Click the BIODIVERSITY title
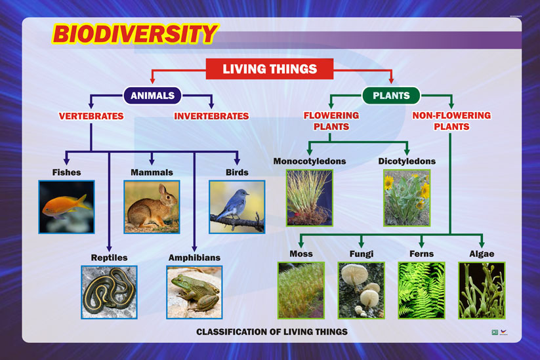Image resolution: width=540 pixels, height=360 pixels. [134, 34]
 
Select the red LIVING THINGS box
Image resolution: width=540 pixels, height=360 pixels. [270, 69]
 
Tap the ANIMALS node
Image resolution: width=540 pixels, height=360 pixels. [152, 96]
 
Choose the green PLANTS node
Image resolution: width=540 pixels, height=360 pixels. [391, 96]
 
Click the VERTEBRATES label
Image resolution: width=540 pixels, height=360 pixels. [91, 116]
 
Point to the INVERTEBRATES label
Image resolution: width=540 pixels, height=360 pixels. [211, 116]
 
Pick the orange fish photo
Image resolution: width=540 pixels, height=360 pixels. [66, 207]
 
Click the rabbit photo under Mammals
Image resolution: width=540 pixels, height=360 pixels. [152, 207]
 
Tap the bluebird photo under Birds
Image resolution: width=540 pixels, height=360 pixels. [237, 207]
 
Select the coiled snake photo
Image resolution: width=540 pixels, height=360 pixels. [109, 292]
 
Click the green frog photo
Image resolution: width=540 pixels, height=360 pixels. [194, 292]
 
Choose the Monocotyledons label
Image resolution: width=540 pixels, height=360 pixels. [310, 161]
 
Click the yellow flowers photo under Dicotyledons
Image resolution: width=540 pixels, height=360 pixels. [407, 197]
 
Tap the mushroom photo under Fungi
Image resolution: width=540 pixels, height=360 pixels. [361, 290]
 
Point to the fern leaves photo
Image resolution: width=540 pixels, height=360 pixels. [421, 290]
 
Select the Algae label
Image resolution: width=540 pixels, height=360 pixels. [482, 254]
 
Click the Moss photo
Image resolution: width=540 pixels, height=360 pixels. [301, 290]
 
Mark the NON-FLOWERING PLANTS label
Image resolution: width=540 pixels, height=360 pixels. [451, 121]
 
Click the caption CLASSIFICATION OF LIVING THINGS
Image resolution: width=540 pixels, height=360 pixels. [272, 332]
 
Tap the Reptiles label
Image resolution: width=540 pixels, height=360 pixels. [109, 257]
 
